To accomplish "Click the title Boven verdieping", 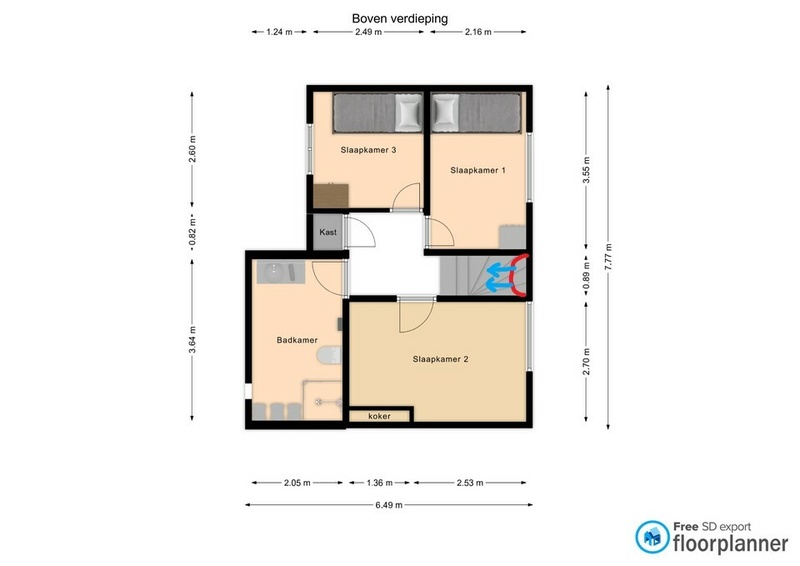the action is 400,19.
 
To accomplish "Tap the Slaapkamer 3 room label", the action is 368,150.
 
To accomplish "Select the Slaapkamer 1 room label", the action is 478,170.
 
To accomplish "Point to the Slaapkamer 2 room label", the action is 440,359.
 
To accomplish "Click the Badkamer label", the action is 297,340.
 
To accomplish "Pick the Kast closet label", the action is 328,232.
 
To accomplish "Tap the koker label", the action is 379,416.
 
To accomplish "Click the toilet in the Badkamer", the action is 329,355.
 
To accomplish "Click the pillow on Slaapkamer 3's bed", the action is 408,113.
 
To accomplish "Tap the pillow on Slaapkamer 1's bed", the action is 445,112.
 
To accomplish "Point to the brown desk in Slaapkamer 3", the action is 331,196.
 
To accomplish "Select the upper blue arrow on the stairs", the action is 502,268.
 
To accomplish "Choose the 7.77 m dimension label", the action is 608,257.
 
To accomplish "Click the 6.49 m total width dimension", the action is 389,505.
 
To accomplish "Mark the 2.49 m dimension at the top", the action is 368,32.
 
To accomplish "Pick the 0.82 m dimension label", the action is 192,232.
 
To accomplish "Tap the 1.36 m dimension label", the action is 380,483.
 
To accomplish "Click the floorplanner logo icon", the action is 652,537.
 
